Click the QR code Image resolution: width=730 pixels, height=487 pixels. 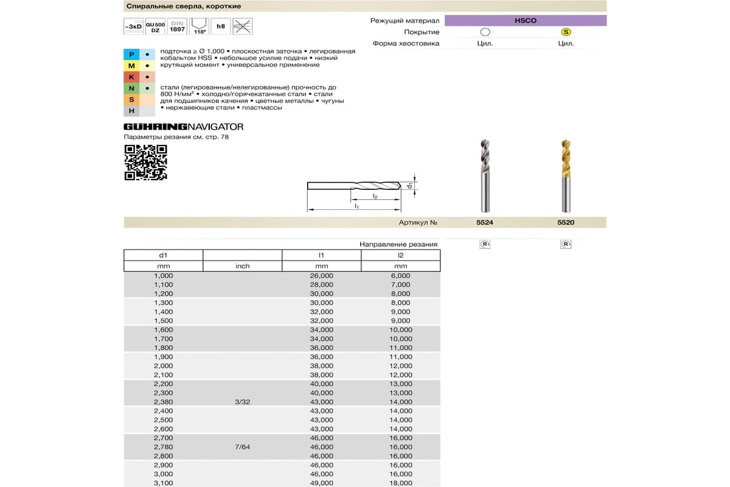click(x=145, y=163)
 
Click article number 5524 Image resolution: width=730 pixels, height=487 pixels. click(x=484, y=223)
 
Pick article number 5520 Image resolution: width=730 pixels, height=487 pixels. click(x=566, y=223)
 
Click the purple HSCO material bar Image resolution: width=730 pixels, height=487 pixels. click(x=526, y=21)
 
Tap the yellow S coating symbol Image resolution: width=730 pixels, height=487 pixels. click(x=566, y=32)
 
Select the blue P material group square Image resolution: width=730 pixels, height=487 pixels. click(x=131, y=54)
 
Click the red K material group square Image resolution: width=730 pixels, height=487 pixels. click(x=131, y=77)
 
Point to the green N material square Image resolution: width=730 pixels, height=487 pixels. click(x=131, y=88)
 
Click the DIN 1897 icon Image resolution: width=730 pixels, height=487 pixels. click(x=177, y=26)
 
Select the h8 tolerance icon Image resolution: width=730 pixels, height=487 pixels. click(x=220, y=26)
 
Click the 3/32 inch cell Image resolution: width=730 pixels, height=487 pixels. click(x=242, y=402)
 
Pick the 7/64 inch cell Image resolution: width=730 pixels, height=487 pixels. click(x=242, y=447)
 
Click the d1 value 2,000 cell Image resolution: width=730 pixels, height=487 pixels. click(x=164, y=366)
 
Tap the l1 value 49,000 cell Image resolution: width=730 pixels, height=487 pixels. click(x=322, y=483)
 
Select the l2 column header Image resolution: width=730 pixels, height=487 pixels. click(x=400, y=255)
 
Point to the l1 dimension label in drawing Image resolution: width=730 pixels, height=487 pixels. click(x=357, y=206)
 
